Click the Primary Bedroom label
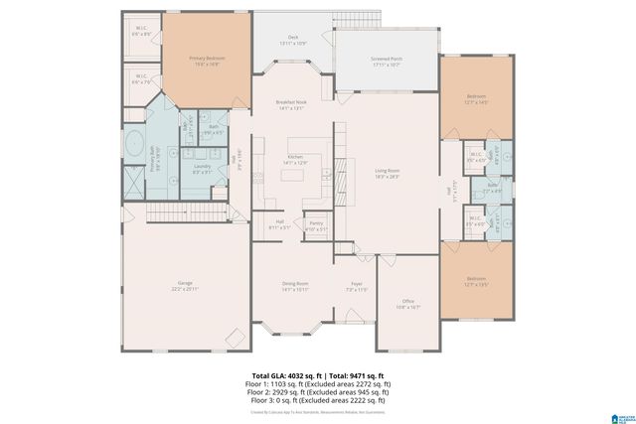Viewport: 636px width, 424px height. [x=208, y=62]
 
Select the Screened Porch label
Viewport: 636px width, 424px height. [x=387, y=62]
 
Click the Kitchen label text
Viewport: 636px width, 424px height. [x=295, y=160]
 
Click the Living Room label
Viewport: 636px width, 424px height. [x=386, y=173]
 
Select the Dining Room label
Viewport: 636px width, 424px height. [x=295, y=287]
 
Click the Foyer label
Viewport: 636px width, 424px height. [x=357, y=287]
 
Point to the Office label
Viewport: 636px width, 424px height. [x=407, y=304]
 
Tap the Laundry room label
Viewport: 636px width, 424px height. [x=202, y=170]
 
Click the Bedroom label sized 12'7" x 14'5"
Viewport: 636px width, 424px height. [x=476, y=99]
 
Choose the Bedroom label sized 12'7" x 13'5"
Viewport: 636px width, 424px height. [x=476, y=282]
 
